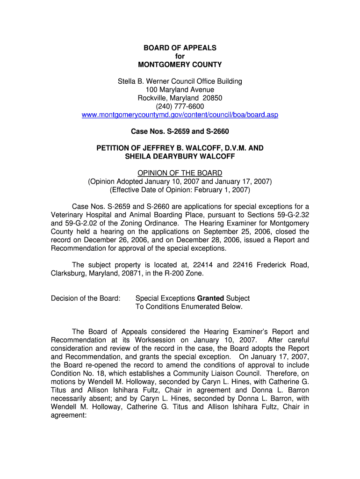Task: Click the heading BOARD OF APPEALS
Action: click(x=180, y=48)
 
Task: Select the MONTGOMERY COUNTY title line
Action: click(x=180, y=65)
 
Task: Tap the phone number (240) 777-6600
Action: click(x=180, y=107)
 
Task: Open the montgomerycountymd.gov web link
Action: click(x=180, y=115)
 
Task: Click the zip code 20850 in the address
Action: click(x=212, y=98)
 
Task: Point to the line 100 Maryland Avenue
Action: click(x=180, y=90)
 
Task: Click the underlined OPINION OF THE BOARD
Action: click(x=180, y=173)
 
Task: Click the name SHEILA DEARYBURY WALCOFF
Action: click(x=180, y=157)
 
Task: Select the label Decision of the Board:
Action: click(x=86, y=298)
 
